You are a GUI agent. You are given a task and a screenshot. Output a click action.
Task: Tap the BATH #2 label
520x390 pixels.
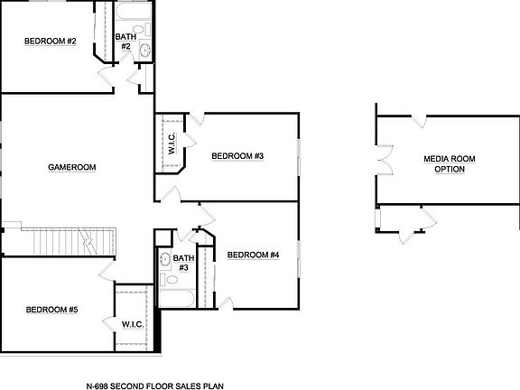click(125, 42)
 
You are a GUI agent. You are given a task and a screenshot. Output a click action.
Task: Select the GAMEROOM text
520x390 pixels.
click(72, 167)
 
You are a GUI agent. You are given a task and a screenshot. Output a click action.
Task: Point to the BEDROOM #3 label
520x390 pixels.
click(237, 156)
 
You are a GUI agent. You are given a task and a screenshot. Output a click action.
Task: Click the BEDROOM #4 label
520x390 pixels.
click(253, 255)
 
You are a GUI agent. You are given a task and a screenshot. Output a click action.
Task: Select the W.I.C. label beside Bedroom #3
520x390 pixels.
click(171, 144)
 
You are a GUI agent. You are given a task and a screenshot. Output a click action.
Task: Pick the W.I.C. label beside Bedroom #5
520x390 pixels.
click(133, 322)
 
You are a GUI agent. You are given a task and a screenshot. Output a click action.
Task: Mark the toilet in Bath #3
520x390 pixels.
click(164, 260)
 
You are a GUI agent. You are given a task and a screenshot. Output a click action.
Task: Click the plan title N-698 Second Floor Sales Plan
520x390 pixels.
click(161, 383)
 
